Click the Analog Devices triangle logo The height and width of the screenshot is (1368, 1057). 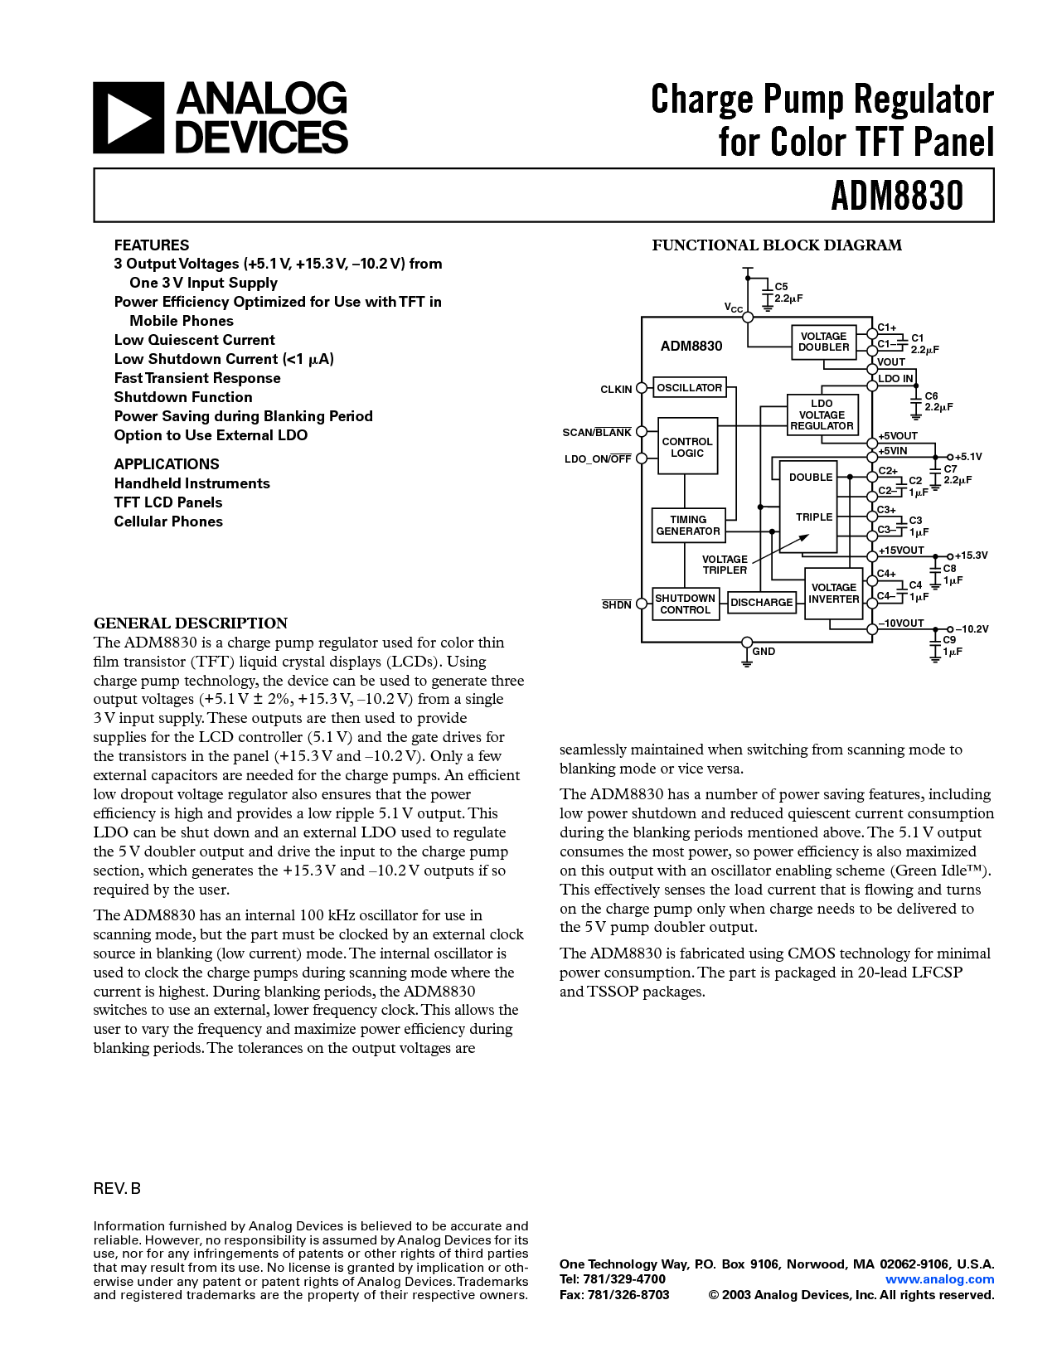pos(128,118)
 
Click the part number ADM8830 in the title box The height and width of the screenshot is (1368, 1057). pos(897,196)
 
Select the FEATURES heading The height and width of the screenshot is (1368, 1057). pos(152,245)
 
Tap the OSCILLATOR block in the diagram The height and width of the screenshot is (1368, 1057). pos(689,387)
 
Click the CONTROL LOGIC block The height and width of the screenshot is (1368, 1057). pos(687,447)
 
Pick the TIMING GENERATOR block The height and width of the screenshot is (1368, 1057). pos(688,526)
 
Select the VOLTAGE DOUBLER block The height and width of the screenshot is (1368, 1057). pos(823,342)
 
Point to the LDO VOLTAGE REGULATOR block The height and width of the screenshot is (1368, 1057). pos(822,415)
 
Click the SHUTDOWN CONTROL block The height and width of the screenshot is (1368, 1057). pos(685,604)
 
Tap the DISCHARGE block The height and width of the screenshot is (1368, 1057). pos(761,603)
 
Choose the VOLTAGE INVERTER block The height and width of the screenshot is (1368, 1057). pos(834,594)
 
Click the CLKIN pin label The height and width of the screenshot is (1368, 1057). pos(616,389)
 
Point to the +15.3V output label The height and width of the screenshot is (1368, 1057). pos(971,555)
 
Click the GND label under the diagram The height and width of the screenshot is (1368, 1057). pos(764,652)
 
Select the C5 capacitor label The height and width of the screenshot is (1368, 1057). pos(781,287)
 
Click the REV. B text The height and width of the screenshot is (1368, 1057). pos(117,1189)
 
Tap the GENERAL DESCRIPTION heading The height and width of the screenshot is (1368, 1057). pos(191,623)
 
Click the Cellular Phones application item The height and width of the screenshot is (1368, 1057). pos(168,521)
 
